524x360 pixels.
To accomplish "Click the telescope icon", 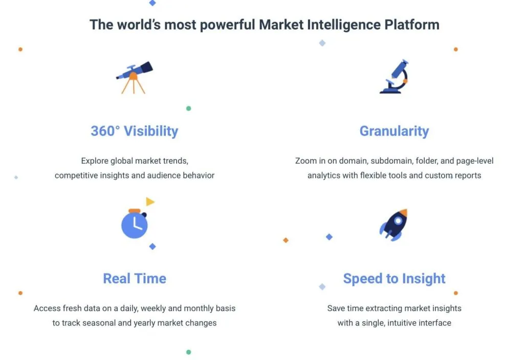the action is click(134, 77).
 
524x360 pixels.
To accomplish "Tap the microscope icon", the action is click(394, 77).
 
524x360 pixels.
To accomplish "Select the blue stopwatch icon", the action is click(135, 223).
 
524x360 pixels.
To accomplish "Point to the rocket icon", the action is click(394, 225).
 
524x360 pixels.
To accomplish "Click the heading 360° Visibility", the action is click(135, 131).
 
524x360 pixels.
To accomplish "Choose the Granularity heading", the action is click(395, 131).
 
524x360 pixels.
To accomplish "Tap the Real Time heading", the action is click(135, 279).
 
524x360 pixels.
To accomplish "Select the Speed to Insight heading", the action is click(395, 279).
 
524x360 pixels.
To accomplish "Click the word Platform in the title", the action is click(412, 25).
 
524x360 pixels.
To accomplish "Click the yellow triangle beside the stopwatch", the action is click(150, 201).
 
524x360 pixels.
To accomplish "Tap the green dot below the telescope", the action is click(188, 109).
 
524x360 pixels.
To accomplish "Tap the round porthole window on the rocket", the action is click(398, 221).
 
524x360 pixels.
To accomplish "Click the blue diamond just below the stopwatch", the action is click(152, 247).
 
